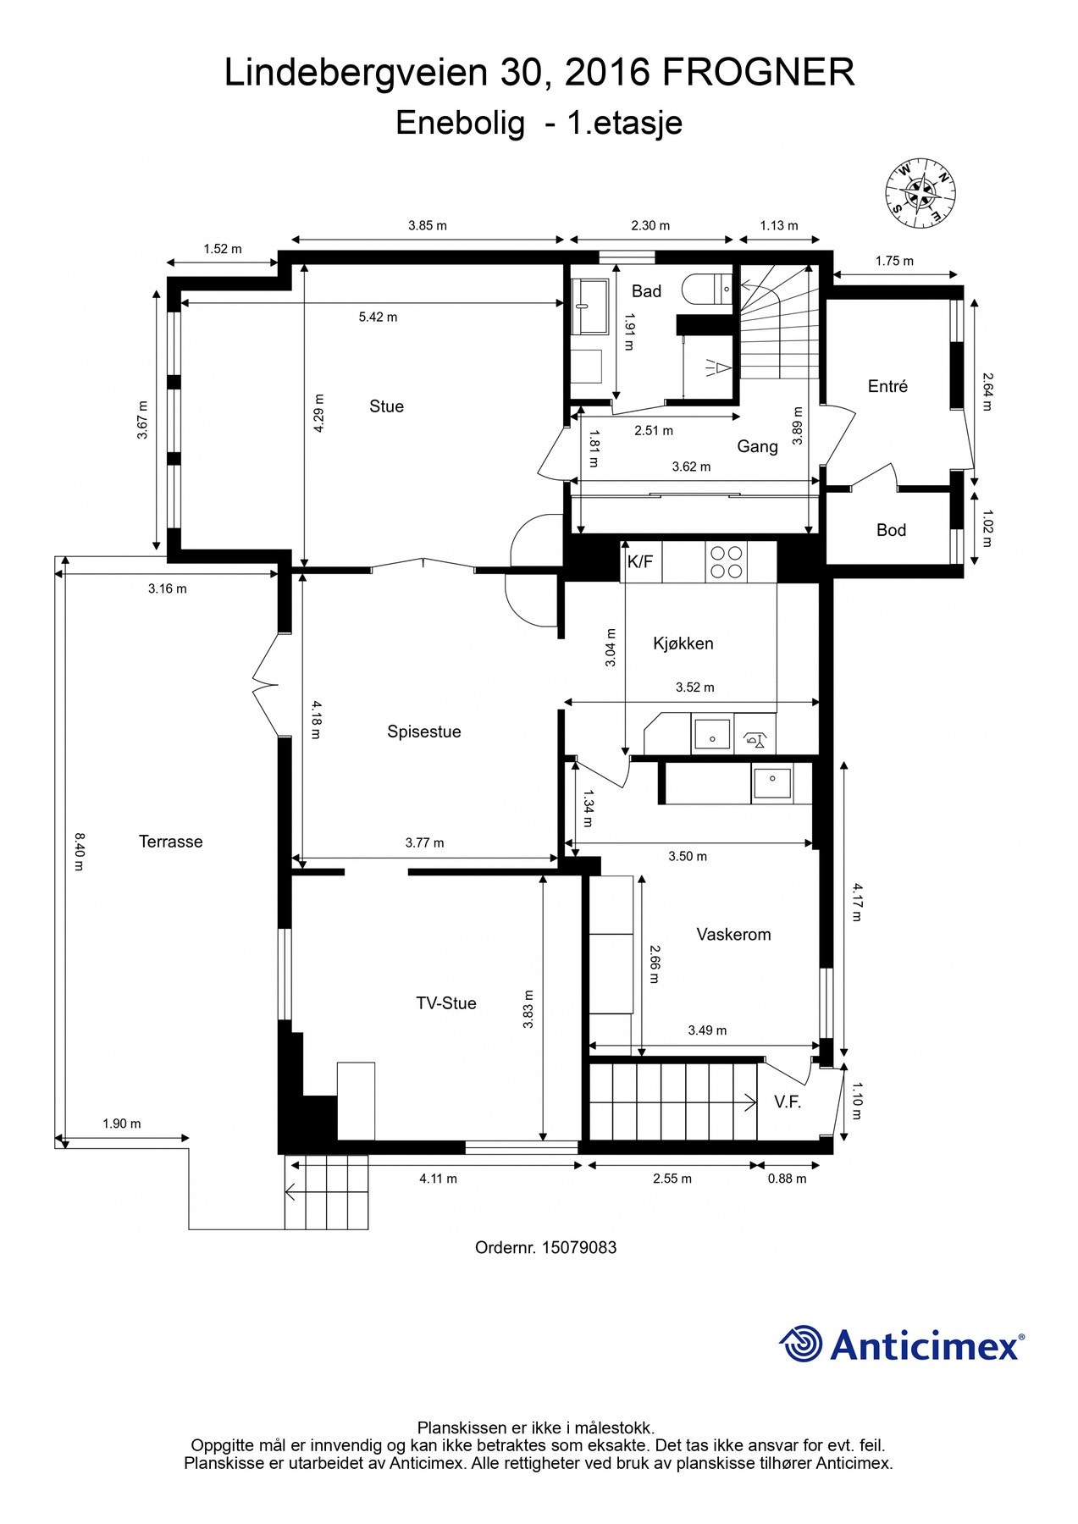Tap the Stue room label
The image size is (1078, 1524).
click(386, 406)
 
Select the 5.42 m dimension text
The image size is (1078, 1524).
click(378, 317)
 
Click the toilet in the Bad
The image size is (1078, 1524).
click(710, 287)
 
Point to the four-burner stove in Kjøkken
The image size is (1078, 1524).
click(727, 562)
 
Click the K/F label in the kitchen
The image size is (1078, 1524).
click(640, 562)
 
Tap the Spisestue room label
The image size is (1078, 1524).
click(423, 732)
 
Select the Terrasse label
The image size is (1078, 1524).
click(170, 842)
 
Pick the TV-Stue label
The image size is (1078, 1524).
click(445, 1003)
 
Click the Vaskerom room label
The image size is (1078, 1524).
click(733, 935)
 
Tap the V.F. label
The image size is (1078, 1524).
click(787, 1102)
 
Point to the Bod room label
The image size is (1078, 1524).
click(891, 530)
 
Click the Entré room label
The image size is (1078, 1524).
click(887, 386)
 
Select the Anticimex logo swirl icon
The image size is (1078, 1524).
click(800, 1344)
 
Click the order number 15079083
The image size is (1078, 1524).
click(578, 1247)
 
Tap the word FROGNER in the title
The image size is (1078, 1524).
click(758, 73)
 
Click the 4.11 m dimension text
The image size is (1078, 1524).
click(438, 1179)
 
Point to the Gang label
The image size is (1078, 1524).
click(756, 446)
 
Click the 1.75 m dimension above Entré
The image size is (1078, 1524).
click(894, 261)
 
